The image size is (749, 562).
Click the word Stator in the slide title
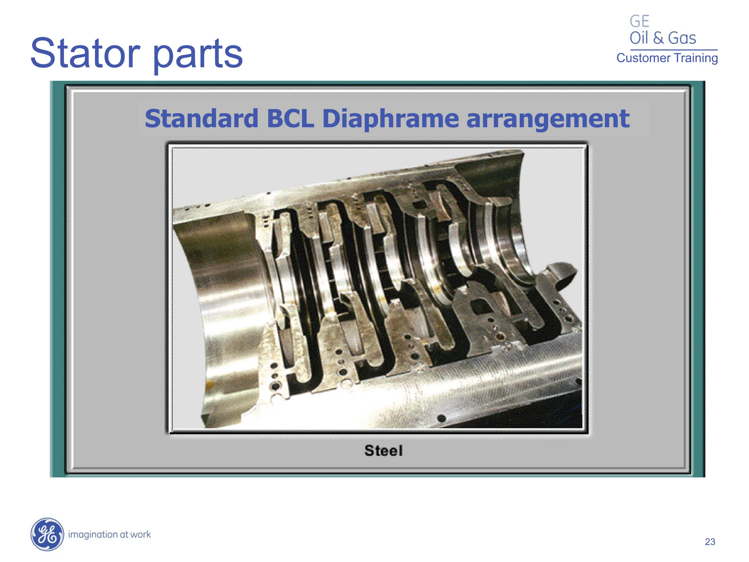85,54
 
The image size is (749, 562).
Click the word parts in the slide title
197,55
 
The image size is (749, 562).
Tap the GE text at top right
639,21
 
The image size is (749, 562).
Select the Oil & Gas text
662,38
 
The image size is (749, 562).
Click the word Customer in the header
643,58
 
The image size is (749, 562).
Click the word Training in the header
696,58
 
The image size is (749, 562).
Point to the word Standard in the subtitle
202,119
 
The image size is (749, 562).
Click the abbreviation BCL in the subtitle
290,119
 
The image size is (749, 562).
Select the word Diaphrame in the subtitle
390,119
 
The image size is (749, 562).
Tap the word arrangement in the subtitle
547,119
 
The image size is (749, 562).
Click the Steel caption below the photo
383,450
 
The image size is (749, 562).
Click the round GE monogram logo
47,534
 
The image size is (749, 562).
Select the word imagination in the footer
93,535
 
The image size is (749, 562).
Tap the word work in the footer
140,535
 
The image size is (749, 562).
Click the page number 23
710,542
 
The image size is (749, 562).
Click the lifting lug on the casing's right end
561,274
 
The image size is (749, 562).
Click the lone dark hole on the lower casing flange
441,418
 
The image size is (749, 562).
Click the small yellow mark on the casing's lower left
210,384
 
